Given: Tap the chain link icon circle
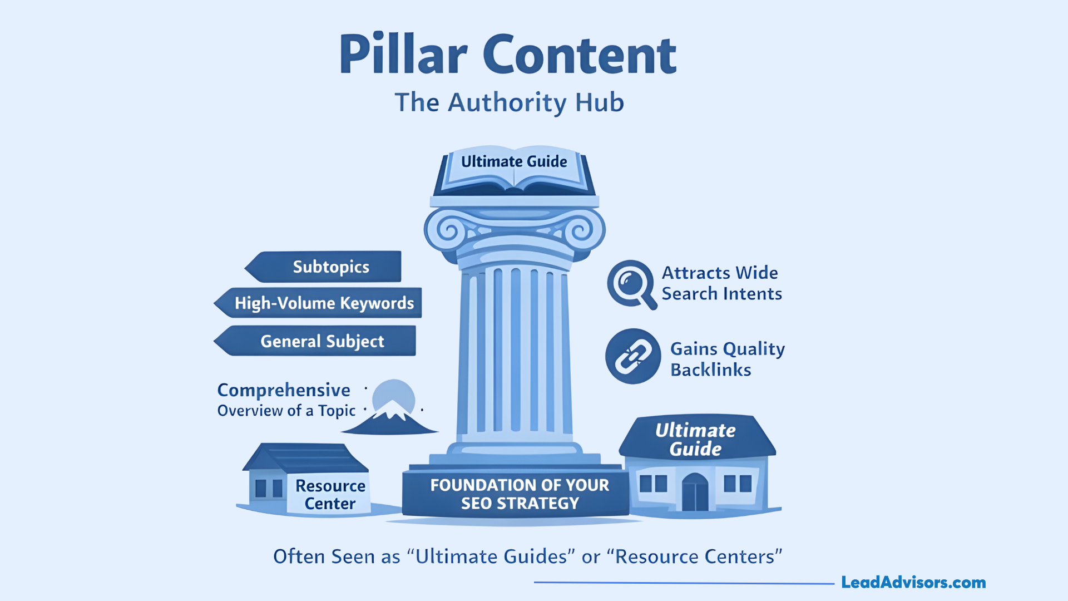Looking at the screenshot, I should click(x=633, y=356).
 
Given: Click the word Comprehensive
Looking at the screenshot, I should click(x=284, y=390).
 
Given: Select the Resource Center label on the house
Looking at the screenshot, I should click(x=330, y=494).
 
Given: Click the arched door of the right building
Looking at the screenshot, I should click(x=695, y=492).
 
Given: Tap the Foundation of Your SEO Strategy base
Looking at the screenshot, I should click(x=518, y=494).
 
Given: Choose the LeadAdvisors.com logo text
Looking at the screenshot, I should click(x=913, y=582).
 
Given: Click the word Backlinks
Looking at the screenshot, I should click(x=710, y=370).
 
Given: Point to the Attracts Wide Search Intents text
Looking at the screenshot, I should click(x=721, y=283).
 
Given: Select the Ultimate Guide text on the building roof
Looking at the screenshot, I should click(x=695, y=439).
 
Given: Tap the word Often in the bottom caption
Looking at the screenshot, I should click(x=299, y=556).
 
